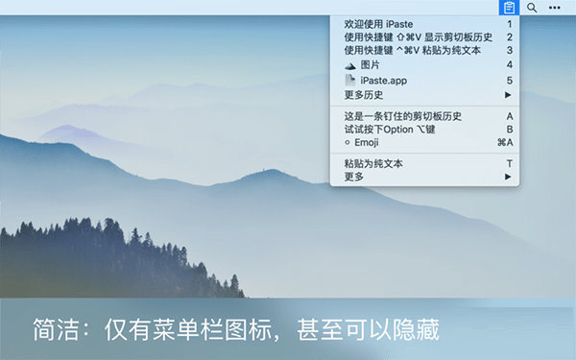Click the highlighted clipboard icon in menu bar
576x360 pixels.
click(509, 8)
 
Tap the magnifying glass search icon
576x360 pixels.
click(532, 8)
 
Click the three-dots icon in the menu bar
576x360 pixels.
click(554, 8)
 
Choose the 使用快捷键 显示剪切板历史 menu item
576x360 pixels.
click(418, 36)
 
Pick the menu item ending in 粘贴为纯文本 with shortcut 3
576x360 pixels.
click(412, 50)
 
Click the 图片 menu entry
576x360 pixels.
click(370, 64)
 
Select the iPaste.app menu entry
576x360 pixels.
click(384, 81)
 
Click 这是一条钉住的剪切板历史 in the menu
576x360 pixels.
click(402, 116)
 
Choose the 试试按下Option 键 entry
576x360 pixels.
click(389, 129)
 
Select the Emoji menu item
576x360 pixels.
click(366, 142)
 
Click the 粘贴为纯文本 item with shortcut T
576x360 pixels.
click(373, 164)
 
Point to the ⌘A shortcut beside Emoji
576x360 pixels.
click(505, 142)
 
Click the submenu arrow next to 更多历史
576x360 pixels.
click(508, 95)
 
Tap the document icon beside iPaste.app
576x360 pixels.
click(350, 81)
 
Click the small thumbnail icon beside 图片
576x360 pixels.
click(350, 64)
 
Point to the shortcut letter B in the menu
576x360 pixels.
click(510, 129)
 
